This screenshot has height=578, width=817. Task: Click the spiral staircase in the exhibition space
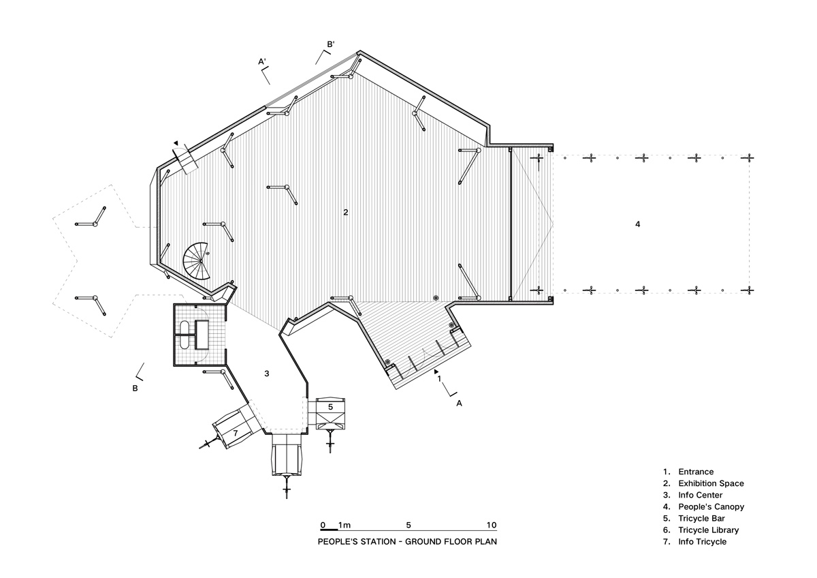click(196, 260)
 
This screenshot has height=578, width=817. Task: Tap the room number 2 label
click(346, 212)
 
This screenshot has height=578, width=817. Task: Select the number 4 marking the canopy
click(637, 224)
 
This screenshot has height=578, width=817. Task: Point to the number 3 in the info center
click(267, 374)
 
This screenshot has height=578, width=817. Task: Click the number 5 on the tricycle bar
click(330, 407)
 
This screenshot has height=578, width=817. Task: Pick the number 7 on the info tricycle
click(236, 433)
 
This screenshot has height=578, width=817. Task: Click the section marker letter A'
click(262, 61)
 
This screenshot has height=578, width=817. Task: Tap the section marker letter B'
click(331, 44)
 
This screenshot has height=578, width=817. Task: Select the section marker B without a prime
click(135, 389)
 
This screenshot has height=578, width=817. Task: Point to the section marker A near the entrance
click(459, 403)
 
